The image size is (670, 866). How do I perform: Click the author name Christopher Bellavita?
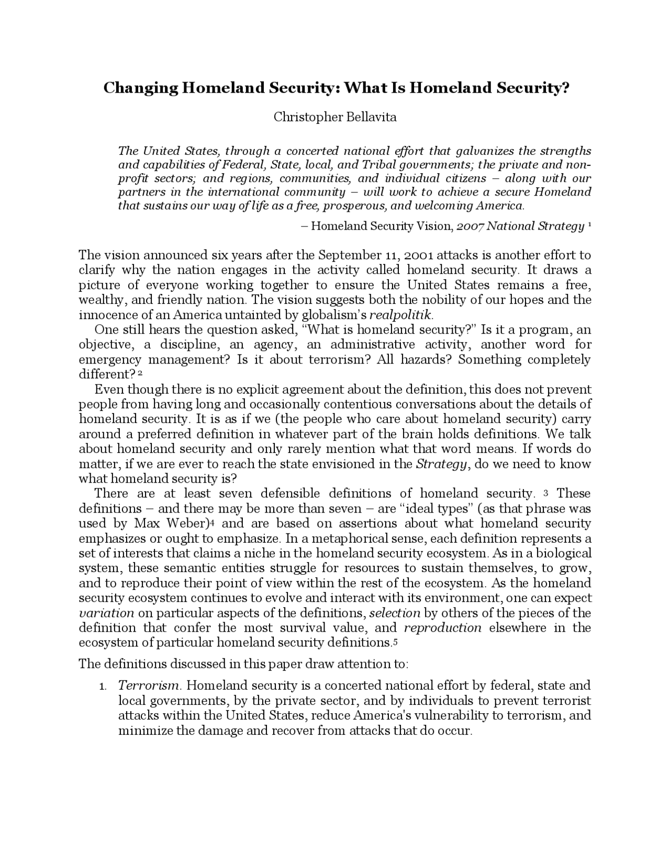(x=335, y=117)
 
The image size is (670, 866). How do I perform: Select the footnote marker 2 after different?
(x=140, y=373)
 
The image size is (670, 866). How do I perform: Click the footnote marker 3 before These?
(x=546, y=493)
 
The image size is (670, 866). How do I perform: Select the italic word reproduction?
(x=443, y=628)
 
